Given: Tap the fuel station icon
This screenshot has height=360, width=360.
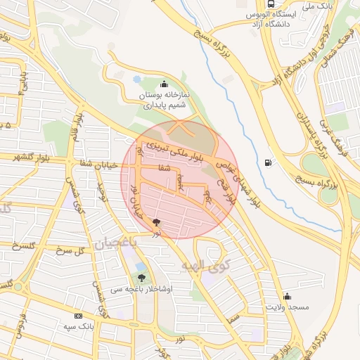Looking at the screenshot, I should tap(267, 164).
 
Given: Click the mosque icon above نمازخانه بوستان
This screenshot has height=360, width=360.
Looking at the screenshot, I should tap(165, 83).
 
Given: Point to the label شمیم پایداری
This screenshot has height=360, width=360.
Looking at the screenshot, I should tap(164, 105).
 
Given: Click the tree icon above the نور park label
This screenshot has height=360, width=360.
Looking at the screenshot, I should tap(156, 222).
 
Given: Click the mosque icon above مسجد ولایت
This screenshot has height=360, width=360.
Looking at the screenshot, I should tap(287, 296).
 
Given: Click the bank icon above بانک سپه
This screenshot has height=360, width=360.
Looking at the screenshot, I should tap(77, 316).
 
